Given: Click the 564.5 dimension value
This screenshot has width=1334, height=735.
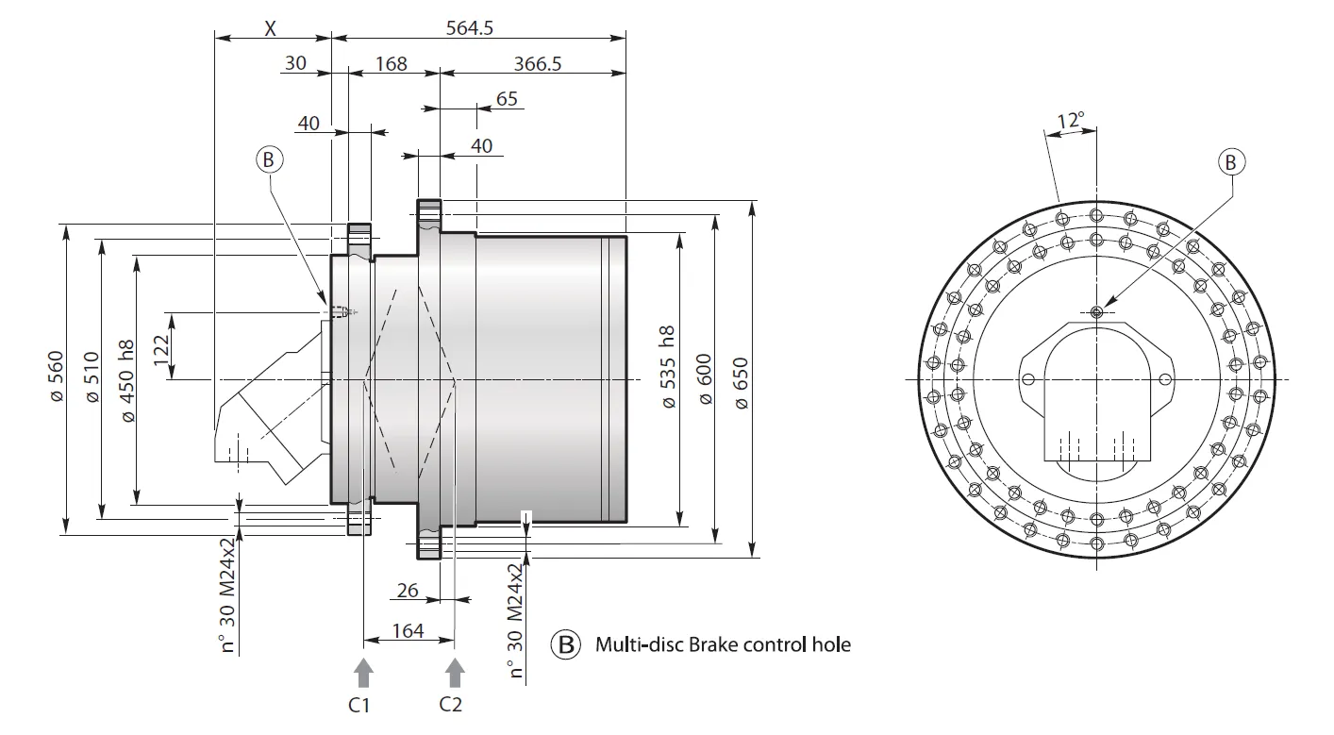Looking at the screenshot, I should click(470, 28).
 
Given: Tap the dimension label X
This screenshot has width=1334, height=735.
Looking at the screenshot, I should click(270, 28).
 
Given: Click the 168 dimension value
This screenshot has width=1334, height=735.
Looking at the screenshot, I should click(391, 63).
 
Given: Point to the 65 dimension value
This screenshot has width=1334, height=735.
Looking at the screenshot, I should click(506, 98).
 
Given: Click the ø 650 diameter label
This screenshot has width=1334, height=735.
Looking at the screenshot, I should click(741, 382).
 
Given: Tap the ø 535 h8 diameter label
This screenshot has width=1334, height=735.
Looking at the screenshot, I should click(668, 368).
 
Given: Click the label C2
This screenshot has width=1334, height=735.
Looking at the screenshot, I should click(451, 704).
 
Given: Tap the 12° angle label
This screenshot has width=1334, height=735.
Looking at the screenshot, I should click(1070, 121).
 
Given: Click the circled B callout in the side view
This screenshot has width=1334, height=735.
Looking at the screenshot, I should click(269, 161).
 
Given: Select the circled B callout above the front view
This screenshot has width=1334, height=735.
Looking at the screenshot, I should click(1230, 162).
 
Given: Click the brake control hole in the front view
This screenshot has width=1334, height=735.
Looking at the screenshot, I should click(1096, 312).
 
